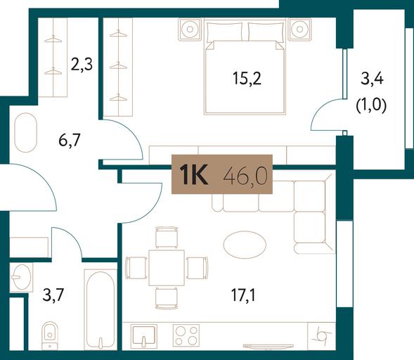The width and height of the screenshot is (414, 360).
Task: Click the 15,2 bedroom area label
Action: (x=247, y=79)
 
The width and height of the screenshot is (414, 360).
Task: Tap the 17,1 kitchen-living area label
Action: (x=243, y=295)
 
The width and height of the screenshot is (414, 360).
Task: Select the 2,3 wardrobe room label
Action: (x=82, y=65)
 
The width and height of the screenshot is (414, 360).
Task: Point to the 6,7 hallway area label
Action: (x=70, y=140)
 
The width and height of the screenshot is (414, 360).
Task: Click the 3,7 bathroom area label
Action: (x=53, y=295)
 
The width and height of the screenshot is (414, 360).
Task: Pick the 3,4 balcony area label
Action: (x=372, y=79)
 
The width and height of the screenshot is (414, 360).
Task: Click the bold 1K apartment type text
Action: (x=194, y=174)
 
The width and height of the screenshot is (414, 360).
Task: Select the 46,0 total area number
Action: (x=245, y=175)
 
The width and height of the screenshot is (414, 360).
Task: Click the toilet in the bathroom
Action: (x=50, y=335)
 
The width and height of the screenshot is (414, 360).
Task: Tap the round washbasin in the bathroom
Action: (x=22, y=277)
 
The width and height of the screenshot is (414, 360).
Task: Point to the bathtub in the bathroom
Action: (x=101, y=310)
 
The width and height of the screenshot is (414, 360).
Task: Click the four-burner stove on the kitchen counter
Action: (x=186, y=335)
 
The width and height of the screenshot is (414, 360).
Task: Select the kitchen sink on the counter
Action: (x=143, y=335)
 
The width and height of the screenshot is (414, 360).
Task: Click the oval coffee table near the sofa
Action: (x=245, y=244)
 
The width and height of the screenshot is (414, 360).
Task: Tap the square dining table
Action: (x=167, y=268)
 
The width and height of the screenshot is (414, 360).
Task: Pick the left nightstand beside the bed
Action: (x=190, y=29)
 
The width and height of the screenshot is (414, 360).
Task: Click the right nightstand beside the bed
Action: (x=299, y=29)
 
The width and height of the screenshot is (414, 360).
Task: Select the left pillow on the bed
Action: (x=224, y=32)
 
